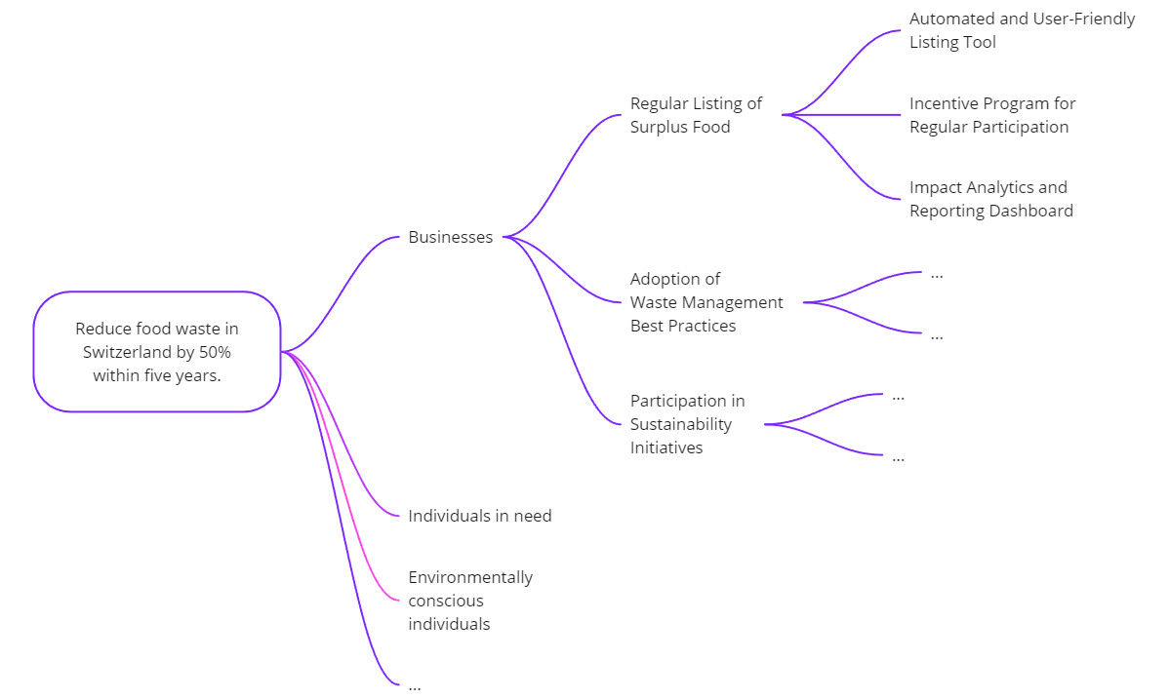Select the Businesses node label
pos(450,237)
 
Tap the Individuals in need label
pos(479,516)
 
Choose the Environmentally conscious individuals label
pos(469,601)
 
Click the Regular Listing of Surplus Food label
pos(695,115)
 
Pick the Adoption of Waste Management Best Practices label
pos(705,302)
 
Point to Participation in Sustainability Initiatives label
pos(687,424)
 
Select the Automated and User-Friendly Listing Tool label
pos(1022,30)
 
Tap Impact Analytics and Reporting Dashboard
pos(990,199)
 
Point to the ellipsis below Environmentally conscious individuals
pos(415,685)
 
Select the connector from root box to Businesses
pos(342,292)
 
